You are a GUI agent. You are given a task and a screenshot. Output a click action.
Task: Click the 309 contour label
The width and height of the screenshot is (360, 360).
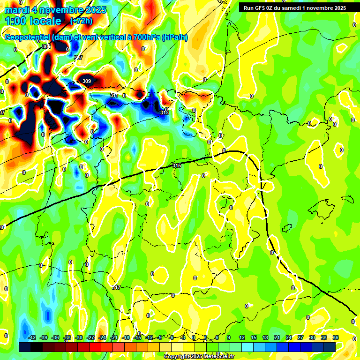click(87, 81)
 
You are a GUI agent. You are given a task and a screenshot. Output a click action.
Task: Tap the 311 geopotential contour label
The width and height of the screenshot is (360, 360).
click(114, 95)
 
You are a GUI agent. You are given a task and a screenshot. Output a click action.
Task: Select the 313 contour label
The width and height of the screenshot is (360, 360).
click(164, 112)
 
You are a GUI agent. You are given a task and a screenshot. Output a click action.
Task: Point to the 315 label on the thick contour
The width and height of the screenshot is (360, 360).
click(177, 165)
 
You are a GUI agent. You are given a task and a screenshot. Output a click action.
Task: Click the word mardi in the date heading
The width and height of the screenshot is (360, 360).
click(17, 10)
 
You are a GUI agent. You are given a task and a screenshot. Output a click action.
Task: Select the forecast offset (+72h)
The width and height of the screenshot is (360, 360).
click(81, 21)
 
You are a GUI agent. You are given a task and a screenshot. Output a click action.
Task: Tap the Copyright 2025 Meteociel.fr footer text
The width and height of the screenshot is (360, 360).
click(205, 357)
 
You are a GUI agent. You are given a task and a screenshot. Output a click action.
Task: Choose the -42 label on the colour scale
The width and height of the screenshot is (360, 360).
click(32, 338)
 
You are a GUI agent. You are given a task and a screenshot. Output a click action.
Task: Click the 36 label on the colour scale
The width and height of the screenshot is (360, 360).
click(335, 338)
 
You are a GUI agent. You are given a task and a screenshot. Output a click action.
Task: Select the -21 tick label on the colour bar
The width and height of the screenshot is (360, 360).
click(114, 338)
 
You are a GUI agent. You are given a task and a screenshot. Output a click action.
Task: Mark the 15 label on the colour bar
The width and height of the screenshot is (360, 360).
click(253, 338)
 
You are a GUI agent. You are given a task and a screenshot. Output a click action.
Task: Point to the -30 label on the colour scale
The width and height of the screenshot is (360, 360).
click(79, 338)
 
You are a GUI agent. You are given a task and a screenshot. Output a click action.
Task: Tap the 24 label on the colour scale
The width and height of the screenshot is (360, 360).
click(288, 338)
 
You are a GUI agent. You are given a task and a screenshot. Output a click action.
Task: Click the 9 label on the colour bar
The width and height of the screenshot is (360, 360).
click(229, 338)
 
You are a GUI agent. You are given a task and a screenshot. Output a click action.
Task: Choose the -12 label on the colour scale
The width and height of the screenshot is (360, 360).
click(149, 338)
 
